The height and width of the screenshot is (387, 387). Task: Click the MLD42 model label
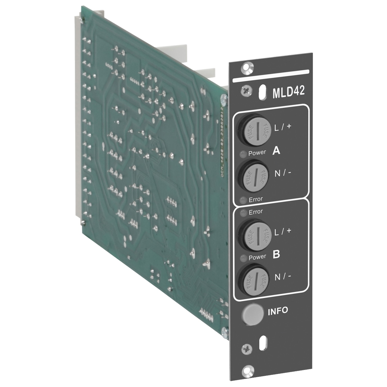pyautogui.click(x=288, y=91)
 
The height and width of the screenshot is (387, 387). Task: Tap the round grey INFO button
pyautogui.click(x=252, y=314)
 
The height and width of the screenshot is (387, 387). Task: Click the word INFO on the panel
pyautogui.click(x=278, y=311)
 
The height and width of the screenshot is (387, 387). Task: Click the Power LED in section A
pyautogui.click(x=243, y=154)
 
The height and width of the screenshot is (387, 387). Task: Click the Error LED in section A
pyautogui.click(x=243, y=200)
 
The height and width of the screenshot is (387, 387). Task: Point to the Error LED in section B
pyautogui.click(x=243, y=213)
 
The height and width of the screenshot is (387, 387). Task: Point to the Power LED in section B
pyautogui.click(x=243, y=258)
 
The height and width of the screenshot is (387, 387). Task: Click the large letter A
pyautogui.click(x=276, y=150)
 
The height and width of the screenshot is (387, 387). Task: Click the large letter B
pyautogui.click(x=276, y=254)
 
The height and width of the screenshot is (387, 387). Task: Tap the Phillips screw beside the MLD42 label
pyautogui.click(x=246, y=91)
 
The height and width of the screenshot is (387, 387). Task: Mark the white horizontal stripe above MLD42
pyautogui.click(x=271, y=76)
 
